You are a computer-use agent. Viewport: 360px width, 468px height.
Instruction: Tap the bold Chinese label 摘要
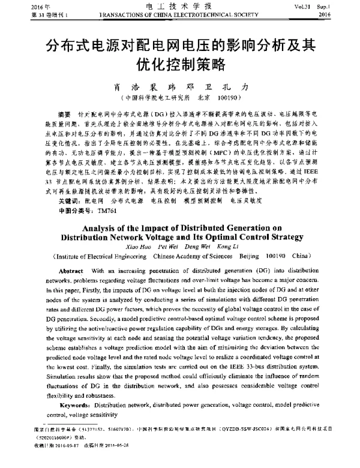64,113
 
